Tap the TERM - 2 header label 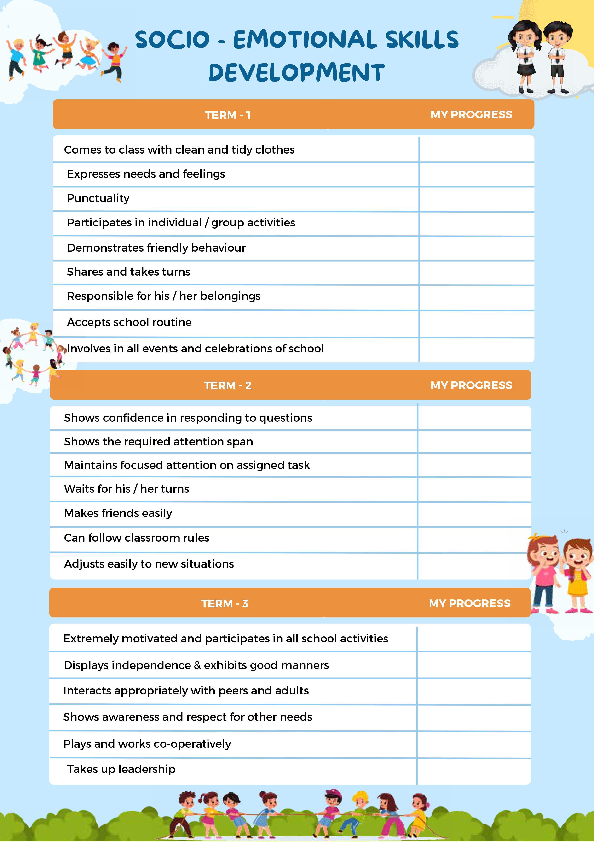click(227, 386)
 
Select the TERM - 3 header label click(225, 604)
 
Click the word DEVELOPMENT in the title click(296, 73)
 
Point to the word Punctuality click(98, 198)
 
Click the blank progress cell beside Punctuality click(476, 199)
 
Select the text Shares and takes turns click(128, 272)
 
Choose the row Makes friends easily click(118, 513)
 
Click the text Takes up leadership click(121, 769)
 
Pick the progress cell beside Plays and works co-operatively click(473, 744)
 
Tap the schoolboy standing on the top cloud click(557, 55)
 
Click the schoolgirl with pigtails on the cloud click(525, 55)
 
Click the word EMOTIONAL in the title click(305, 40)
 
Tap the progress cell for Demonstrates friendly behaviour click(476, 249)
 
